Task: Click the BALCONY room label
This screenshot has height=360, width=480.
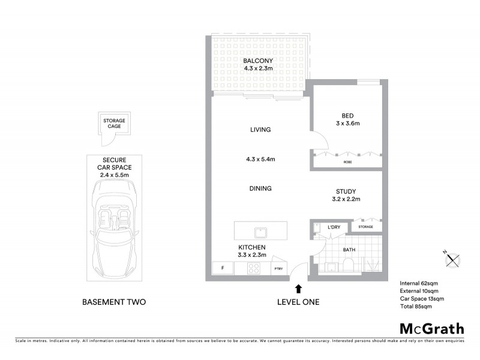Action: pyautogui.click(x=259, y=61)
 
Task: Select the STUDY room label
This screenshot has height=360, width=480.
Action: pyautogui.click(x=347, y=192)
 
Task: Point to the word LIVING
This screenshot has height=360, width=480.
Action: pyautogui.click(x=260, y=130)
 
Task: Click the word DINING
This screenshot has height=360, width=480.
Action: pyautogui.click(x=260, y=188)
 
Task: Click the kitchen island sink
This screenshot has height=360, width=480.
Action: pyautogui.click(x=261, y=232)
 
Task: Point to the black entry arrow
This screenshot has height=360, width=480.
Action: pyautogui.click(x=298, y=290)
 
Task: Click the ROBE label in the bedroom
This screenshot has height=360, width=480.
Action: pyautogui.click(x=347, y=162)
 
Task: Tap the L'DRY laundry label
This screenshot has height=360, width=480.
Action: pyautogui.click(x=334, y=227)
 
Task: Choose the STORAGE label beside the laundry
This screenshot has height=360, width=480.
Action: pyautogui.click(x=366, y=227)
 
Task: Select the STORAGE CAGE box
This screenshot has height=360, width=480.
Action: pyautogui.click(x=114, y=124)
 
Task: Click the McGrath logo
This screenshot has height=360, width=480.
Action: pyautogui.click(x=431, y=328)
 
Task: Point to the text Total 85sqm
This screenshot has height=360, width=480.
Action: pyautogui.click(x=416, y=307)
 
